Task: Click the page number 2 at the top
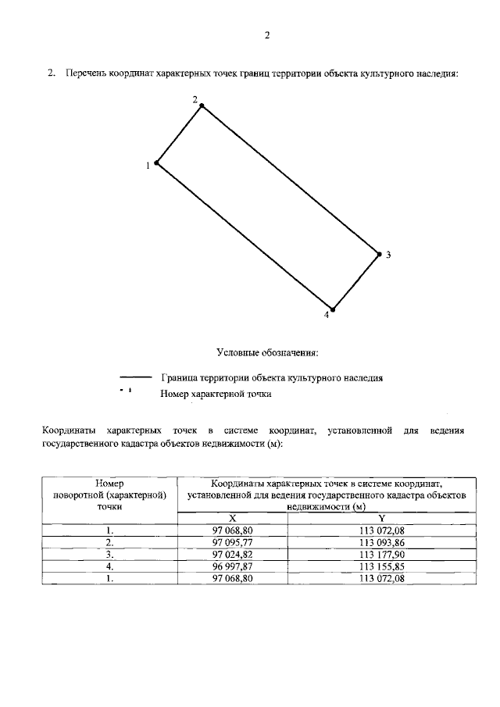click(266, 35)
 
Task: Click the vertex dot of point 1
click(157, 163)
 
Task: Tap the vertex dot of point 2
click(202, 105)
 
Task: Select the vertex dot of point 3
click(379, 254)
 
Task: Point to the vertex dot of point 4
click(333, 309)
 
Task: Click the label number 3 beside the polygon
click(388, 255)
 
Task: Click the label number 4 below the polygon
click(327, 315)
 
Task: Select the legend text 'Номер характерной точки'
click(216, 395)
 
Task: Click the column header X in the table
click(232, 518)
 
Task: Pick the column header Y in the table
click(381, 518)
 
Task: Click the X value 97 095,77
click(232, 541)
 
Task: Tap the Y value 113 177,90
click(381, 554)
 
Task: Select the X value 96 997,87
click(232, 566)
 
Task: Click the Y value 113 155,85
click(381, 566)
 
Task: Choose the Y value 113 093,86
click(381, 541)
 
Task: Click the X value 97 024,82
click(232, 554)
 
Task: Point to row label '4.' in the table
click(110, 566)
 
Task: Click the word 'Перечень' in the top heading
click(87, 73)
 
